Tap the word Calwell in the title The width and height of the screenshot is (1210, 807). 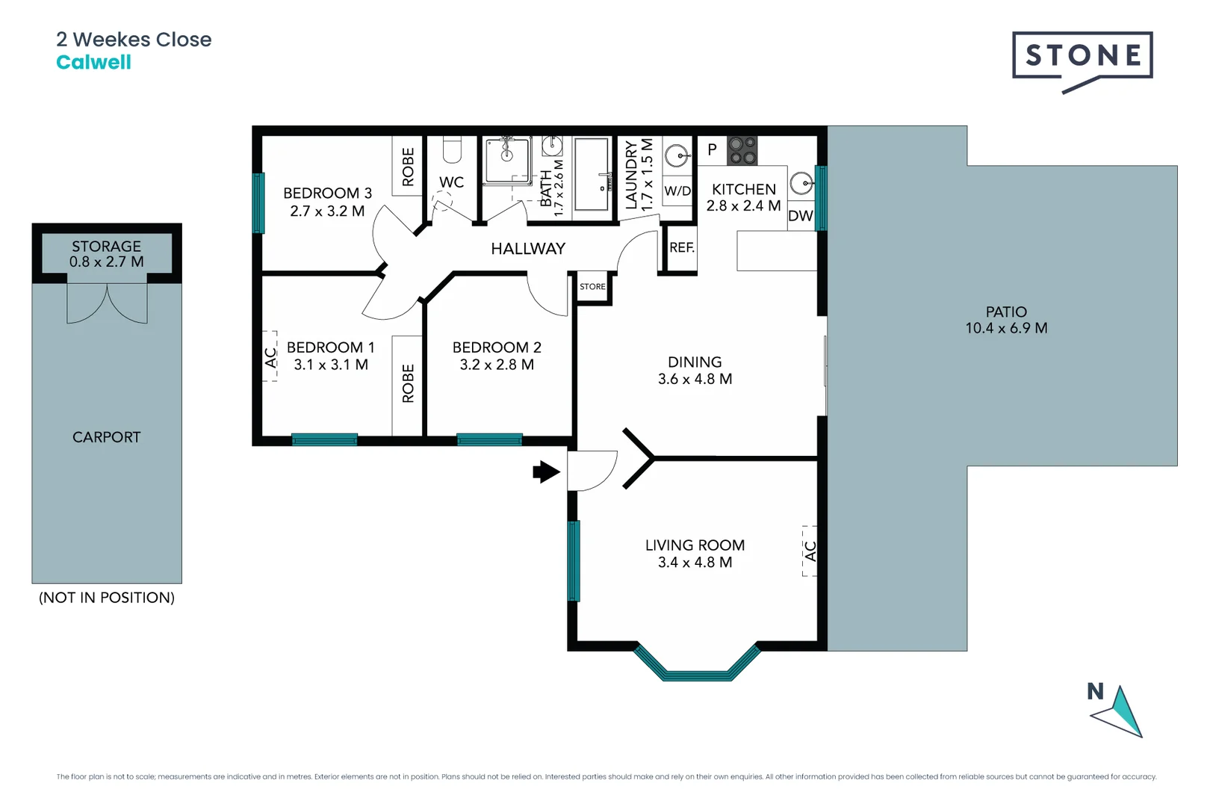(93, 63)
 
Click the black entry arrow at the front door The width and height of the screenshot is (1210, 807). (546, 471)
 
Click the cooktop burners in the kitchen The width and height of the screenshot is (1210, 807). (742, 150)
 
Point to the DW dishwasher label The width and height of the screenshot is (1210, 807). (800, 216)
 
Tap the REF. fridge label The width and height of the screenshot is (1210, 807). (681, 247)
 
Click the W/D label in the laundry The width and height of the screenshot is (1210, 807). (677, 191)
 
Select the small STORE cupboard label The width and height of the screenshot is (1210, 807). (592, 287)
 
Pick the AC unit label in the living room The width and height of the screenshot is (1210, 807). (810, 551)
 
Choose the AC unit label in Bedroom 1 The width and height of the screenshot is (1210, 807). (270, 357)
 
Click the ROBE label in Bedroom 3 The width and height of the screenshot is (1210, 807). (408, 167)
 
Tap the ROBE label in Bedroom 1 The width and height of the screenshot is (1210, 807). (408, 383)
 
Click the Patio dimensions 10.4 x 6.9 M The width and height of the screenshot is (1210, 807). (1006, 328)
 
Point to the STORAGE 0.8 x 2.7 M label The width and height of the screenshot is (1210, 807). (106, 254)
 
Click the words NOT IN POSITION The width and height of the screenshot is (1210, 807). (107, 598)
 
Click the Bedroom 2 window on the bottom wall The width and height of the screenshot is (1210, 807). (489, 439)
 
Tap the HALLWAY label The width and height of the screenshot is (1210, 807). (528, 249)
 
